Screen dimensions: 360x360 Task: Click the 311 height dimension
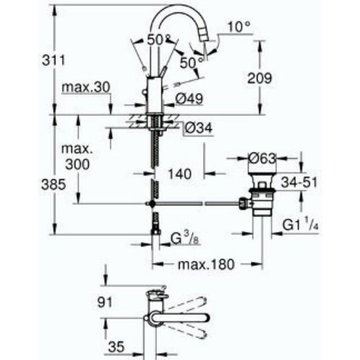click(53, 60)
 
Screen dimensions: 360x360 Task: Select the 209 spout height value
click(259, 78)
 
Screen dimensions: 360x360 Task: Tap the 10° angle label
click(238, 27)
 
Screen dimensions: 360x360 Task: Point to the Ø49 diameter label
click(189, 99)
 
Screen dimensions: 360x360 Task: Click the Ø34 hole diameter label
click(199, 127)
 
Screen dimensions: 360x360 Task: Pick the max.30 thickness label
click(86, 87)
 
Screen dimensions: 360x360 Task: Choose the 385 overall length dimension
click(53, 184)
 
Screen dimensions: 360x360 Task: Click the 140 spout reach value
click(179, 174)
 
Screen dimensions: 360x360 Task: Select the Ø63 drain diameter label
click(262, 158)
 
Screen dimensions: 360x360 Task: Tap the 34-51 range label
click(299, 182)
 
